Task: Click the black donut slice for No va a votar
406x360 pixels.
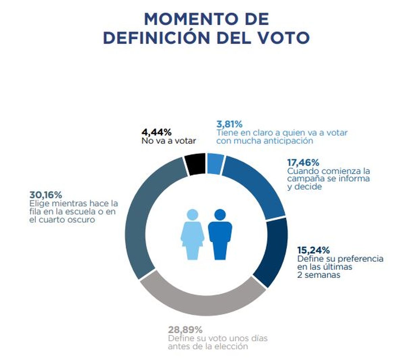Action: point(195,164)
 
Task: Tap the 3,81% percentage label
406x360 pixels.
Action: point(229,124)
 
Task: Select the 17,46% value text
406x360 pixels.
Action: point(303,163)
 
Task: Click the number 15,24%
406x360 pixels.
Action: point(313,250)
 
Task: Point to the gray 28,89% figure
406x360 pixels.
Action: point(185,330)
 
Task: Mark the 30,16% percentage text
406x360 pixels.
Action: point(46,195)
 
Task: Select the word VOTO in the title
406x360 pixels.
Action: point(281,38)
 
